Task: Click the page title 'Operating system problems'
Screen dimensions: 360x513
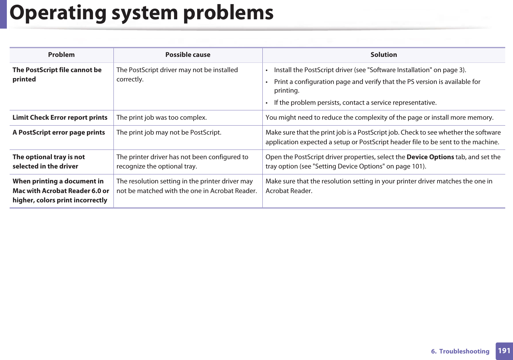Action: (x=141, y=13)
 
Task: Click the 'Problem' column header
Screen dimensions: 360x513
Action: (x=61, y=55)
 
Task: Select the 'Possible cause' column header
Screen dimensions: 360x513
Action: (x=188, y=55)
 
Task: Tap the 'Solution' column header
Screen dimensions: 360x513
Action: (x=384, y=55)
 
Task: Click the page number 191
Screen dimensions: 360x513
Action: (x=504, y=351)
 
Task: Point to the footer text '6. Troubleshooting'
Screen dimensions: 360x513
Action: (x=460, y=351)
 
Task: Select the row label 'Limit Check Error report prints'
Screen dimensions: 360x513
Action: (x=60, y=118)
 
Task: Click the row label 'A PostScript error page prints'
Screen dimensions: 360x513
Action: (x=59, y=132)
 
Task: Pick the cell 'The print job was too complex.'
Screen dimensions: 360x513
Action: (x=162, y=118)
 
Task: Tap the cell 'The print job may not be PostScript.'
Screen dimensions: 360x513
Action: (x=169, y=132)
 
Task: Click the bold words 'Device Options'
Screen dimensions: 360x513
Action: (x=430, y=157)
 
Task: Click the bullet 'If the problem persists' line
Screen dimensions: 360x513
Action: (x=355, y=103)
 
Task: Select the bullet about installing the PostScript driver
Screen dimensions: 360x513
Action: (x=370, y=70)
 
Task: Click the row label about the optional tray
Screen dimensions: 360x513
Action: (x=49, y=162)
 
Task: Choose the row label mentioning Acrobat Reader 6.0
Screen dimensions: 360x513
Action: (x=61, y=191)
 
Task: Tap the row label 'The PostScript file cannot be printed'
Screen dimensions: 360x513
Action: (x=57, y=75)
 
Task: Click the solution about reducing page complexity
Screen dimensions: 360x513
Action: (x=379, y=118)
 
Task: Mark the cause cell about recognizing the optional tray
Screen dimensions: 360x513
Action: (x=182, y=162)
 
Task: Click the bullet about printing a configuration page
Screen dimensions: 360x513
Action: (x=377, y=86)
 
